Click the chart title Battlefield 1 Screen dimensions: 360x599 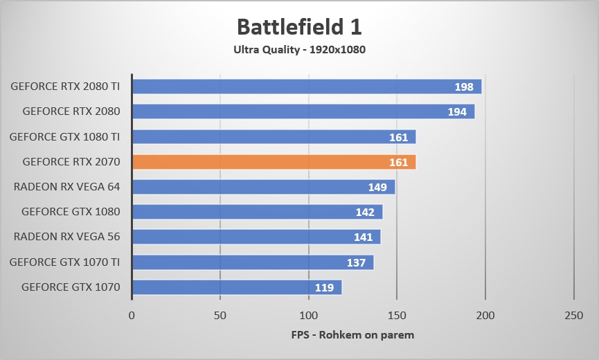coord(299,27)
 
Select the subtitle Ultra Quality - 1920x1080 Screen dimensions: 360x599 coord(299,50)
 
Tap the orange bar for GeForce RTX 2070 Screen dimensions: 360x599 coord(274,162)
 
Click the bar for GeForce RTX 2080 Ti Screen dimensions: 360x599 coord(306,87)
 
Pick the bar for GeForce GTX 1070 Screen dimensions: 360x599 coord(236,287)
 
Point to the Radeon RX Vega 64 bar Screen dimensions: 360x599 coord(263,187)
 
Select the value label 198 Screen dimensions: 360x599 coord(464,87)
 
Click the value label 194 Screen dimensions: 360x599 coord(457,111)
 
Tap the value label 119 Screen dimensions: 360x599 coord(324,287)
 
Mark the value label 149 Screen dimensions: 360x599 coord(377,187)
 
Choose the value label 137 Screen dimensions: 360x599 coord(356,262)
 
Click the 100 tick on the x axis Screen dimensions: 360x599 coord(308,316)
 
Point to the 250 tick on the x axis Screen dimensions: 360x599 coord(573,316)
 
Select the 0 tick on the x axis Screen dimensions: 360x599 coord(132,316)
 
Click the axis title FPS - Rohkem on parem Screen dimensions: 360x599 coord(352,335)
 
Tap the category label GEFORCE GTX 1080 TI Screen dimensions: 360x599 coord(65,137)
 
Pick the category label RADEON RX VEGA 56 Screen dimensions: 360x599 coord(67,237)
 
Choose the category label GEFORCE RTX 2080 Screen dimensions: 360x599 coord(71,111)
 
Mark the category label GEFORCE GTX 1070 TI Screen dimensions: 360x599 coord(65,262)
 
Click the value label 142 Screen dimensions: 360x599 coord(364,212)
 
